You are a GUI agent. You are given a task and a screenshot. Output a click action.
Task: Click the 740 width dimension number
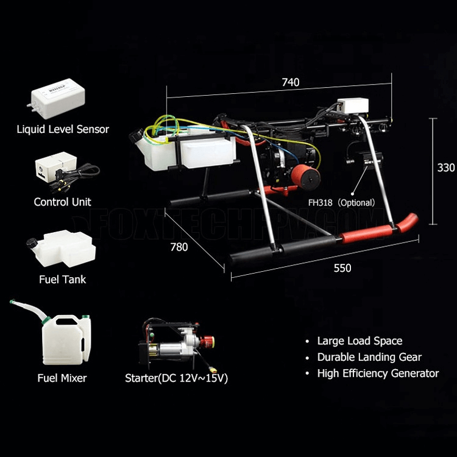(290, 83)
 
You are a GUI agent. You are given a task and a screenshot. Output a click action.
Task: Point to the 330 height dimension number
(445, 168)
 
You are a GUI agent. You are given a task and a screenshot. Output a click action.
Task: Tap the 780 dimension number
(179, 247)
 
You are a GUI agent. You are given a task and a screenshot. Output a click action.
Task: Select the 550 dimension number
(342, 268)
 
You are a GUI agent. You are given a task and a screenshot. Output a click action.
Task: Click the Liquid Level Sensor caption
(63, 129)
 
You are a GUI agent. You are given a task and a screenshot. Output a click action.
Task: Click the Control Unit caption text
(63, 202)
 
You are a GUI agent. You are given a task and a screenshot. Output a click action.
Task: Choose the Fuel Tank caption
(62, 280)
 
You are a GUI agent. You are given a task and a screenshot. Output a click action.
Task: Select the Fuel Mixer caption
(62, 378)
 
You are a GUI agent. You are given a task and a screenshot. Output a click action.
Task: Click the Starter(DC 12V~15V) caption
(176, 378)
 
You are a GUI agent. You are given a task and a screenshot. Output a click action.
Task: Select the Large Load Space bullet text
(360, 341)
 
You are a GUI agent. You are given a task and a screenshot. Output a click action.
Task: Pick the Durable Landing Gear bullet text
(369, 358)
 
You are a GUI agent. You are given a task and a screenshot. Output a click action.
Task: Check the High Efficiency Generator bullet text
(378, 374)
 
